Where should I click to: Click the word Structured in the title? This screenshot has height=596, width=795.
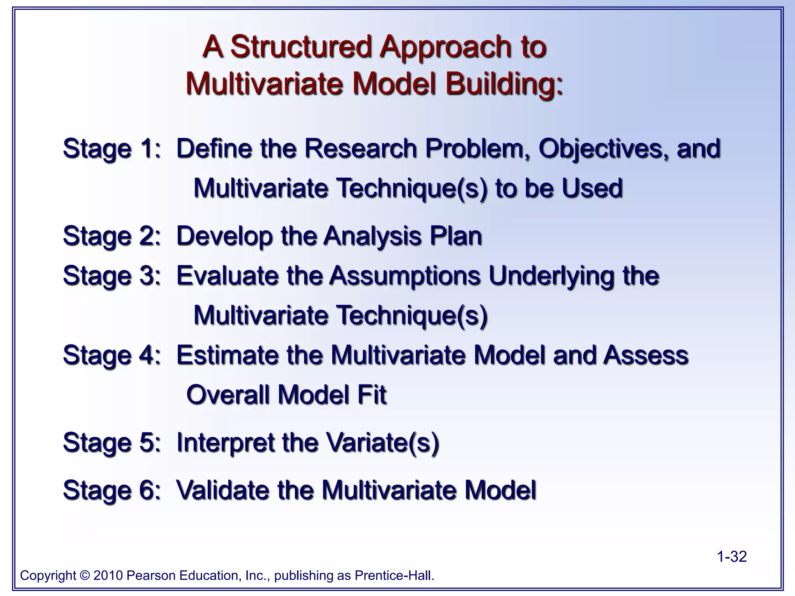[x=302, y=47]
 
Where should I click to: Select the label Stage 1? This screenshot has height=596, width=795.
[x=112, y=149]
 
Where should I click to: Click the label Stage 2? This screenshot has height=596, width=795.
[x=112, y=236]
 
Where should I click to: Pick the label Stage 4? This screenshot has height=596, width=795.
[x=112, y=355]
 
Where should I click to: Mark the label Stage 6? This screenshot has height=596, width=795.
[x=112, y=490]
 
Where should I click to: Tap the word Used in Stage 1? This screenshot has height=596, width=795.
[x=592, y=188]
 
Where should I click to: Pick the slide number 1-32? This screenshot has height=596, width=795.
[x=731, y=557]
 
